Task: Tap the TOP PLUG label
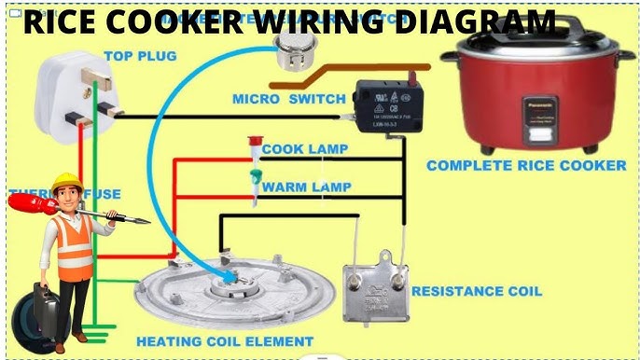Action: [140, 56]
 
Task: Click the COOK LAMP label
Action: [305, 149]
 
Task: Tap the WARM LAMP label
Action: [306, 187]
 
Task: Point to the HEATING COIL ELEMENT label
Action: [224, 341]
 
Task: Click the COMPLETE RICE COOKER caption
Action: [526, 166]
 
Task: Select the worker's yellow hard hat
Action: [66, 182]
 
